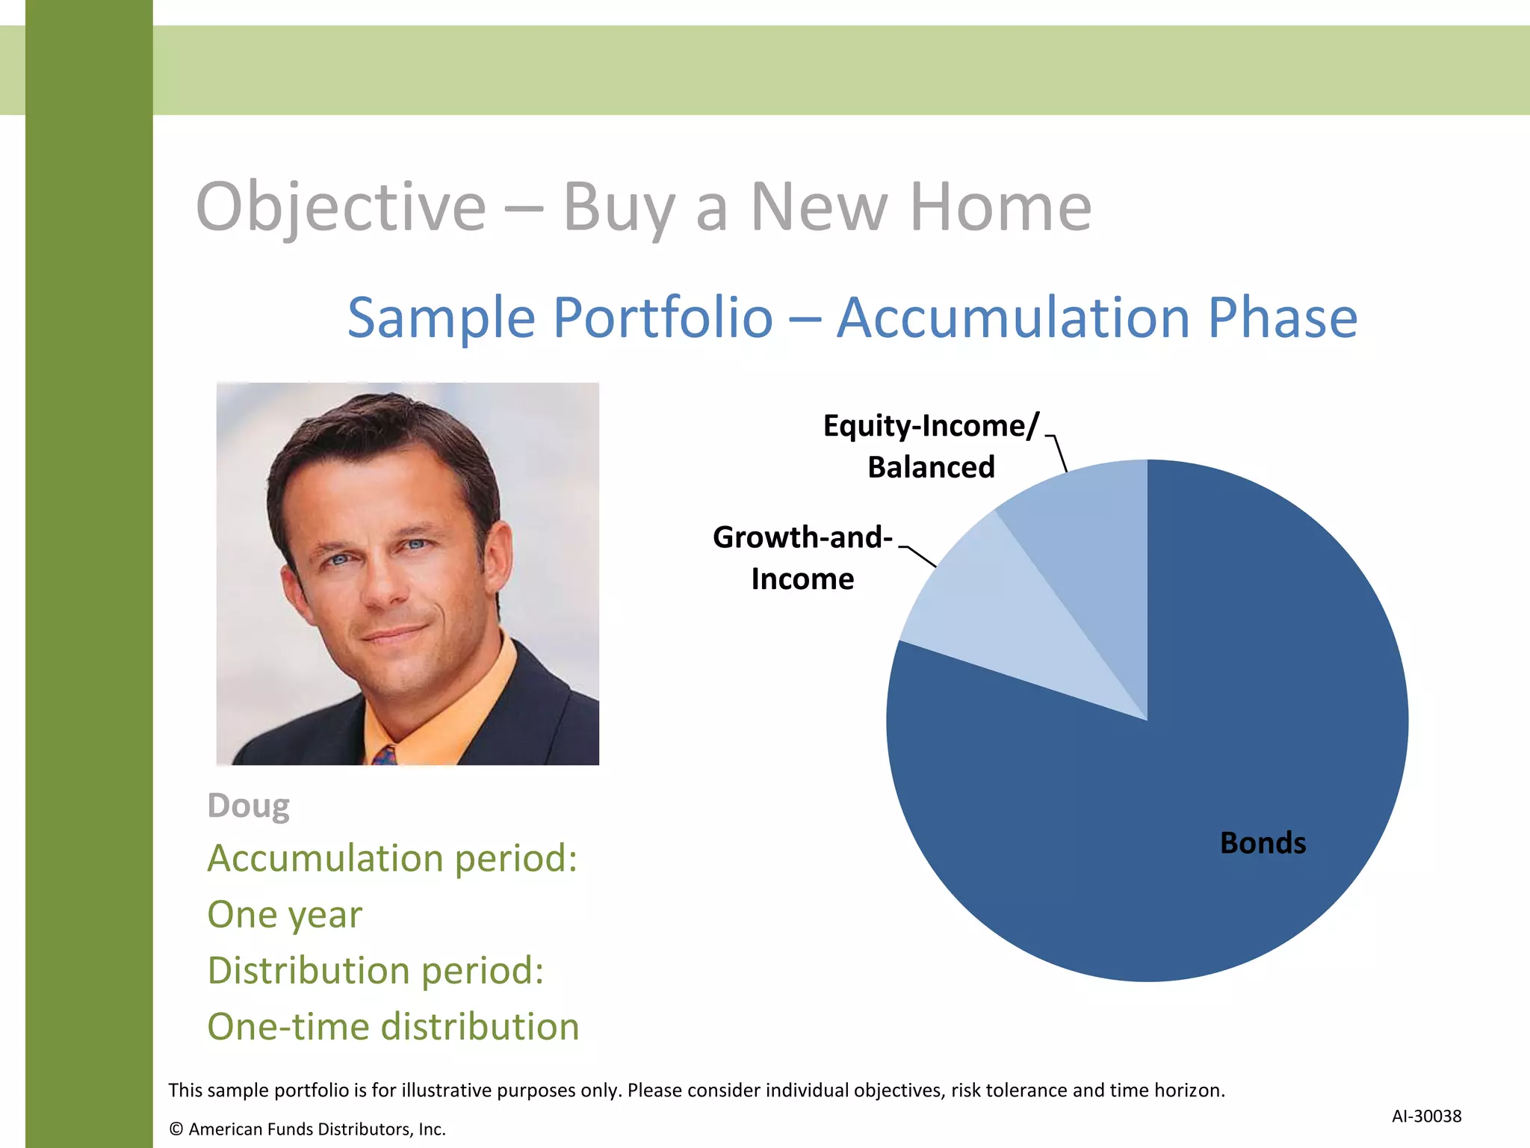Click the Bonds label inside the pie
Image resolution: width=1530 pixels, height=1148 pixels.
tap(1263, 843)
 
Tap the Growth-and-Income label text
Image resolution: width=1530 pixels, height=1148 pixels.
tap(802, 558)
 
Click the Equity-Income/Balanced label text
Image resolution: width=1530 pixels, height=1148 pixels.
tap(931, 445)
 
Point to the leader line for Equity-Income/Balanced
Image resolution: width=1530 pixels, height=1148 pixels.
tap(1059, 452)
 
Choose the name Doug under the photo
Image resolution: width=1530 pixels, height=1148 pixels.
tap(248, 806)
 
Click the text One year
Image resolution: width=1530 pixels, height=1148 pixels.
tap(285, 914)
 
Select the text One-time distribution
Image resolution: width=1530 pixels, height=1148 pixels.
tap(393, 1026)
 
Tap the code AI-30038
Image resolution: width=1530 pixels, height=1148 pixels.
tap(1426, 1116)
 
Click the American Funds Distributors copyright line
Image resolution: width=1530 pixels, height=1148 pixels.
tap(307, 1129)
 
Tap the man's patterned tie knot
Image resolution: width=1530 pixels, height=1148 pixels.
tap(385, 755)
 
